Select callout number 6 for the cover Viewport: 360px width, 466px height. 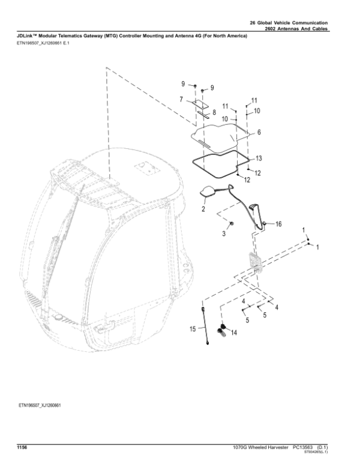pos(259,133)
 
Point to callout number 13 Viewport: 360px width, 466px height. pos(259,159)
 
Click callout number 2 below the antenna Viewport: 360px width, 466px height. pos(203,210)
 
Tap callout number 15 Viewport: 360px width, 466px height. pos(193,328)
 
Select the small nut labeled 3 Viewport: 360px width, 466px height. pos(233,223)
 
